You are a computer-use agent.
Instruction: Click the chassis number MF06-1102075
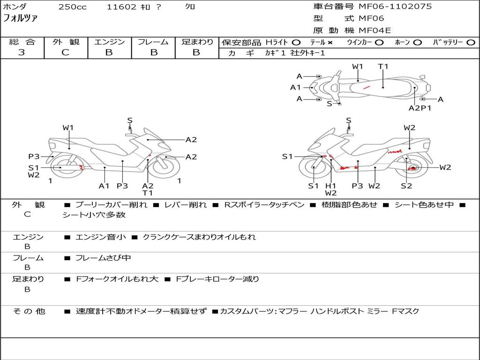click(395, 7)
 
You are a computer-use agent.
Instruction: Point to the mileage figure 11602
click(121, 7)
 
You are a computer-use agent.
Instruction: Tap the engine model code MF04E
click(375, 30)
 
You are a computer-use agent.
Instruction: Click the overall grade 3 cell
click(22, 52)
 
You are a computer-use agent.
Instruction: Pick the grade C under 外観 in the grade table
click(66, 52)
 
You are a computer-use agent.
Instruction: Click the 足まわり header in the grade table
click(197, 42)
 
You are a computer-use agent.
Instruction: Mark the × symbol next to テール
click(330, 43)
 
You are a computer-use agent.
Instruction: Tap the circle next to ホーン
click(417, 43)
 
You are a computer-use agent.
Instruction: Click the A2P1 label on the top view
click(420, 108)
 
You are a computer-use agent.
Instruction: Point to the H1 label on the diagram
click(331, 186)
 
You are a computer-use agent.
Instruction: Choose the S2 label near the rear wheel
click(406, 186)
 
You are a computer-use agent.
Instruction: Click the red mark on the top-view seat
click(366, 87)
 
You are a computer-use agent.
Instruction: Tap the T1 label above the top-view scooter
click(383, 67)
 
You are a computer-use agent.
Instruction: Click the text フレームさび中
click(103, 258)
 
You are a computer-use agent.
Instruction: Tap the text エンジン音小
click(100, 237)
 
